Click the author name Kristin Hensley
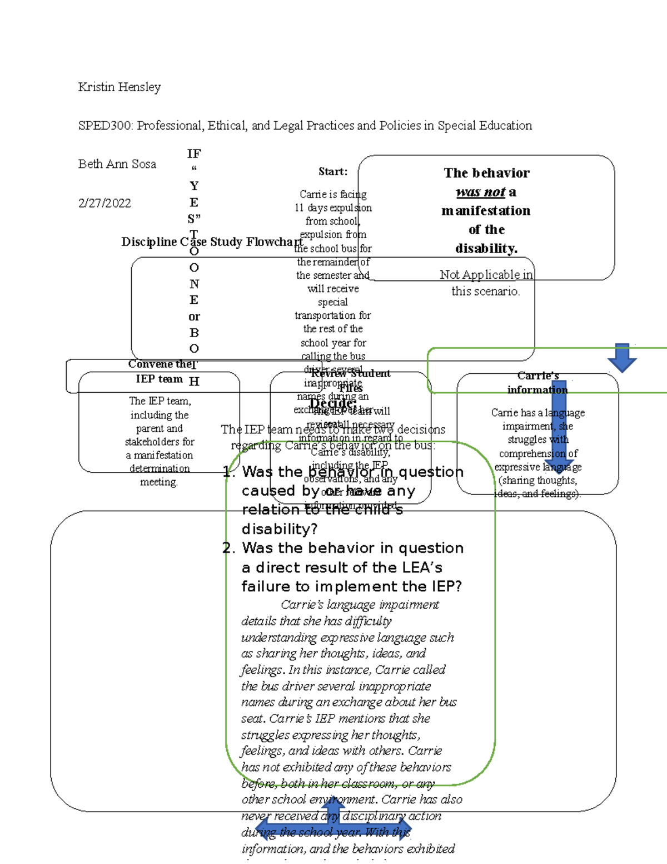[x=120, y=87]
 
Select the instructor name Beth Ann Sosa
[x=117, y=164]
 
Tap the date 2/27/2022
[x=104, y=203]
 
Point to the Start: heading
[x=333, y=172]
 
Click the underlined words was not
[x=480, y=192]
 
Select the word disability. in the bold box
[x=486, y=249]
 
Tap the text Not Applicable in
[x=486, y=275]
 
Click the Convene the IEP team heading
[x=160, y=371]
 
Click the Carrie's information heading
[x=537, y=383]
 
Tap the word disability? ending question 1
[x=279, y=529]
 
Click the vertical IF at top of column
[x=194, y=154]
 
